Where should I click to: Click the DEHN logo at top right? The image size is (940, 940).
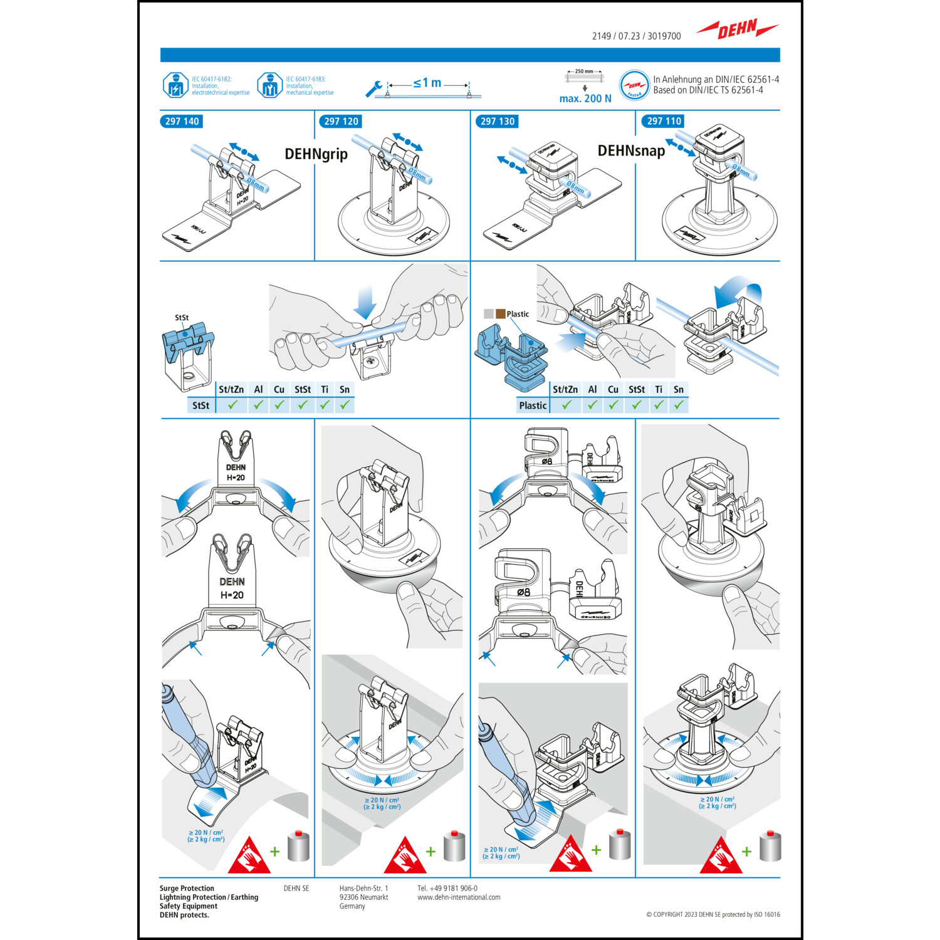click(738, 29)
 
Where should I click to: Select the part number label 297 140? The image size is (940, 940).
click(182, 122)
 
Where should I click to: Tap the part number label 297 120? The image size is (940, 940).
click(341, 122)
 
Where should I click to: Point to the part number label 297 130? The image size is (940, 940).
click(498, 122)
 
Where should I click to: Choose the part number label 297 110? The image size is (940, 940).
click(664, 122)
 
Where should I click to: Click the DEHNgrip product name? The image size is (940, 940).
click(316, 154)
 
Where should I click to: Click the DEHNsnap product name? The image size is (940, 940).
click(631, 151)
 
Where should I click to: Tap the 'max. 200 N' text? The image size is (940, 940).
click(585, 98)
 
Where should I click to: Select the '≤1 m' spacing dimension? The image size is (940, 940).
click(427, 83)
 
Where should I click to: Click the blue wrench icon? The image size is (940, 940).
click(374, 89)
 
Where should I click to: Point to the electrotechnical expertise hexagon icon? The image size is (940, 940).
click(175, 85)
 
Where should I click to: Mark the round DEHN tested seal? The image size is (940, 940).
click(634, 85)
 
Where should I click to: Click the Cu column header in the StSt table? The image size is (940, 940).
click(279, 389)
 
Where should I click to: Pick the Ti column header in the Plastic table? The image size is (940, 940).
click(659, 389)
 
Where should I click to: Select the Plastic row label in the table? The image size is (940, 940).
click(533, 405)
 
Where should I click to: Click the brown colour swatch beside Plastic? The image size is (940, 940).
click(501, 314)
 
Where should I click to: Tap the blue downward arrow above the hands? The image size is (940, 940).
click(364, 301)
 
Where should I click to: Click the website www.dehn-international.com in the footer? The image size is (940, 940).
click(459, 897)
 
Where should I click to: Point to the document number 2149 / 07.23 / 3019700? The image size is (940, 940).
click(636, 36)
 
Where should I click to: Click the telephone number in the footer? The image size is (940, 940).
click(447, 888)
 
